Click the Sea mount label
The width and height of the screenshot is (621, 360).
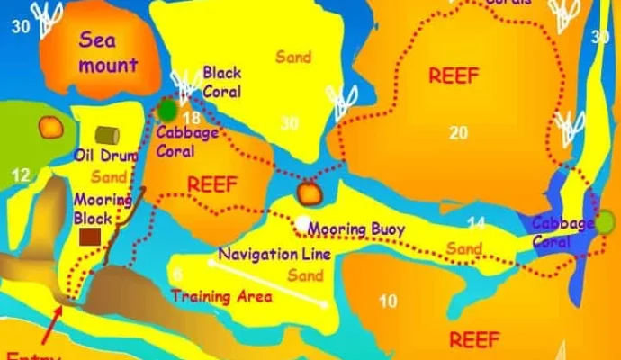coord(108,52)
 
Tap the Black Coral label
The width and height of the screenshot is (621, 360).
coord(221,81)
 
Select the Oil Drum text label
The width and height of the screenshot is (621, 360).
coord(106,156)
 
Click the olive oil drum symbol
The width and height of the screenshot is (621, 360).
coord(108,135)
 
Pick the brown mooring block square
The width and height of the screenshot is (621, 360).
coord(90,237)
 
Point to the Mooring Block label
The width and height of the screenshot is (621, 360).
coord(93,209)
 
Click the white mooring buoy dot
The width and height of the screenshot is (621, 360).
coord(303,223)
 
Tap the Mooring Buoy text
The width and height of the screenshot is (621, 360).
coord(356,229)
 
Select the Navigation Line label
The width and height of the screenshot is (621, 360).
coord(274,255)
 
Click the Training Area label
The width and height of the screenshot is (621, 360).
coord(222,296)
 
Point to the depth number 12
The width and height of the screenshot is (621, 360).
coord(22,175)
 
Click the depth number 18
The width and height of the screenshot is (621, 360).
coord(190,118)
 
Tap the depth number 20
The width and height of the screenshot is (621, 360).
coord(459,133)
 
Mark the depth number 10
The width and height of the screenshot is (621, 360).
coord(388,301)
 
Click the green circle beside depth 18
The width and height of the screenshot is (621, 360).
coord(168,110)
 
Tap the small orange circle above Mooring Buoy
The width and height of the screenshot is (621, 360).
coord(309,193)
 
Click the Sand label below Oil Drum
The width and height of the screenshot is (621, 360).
coord(109,177)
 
